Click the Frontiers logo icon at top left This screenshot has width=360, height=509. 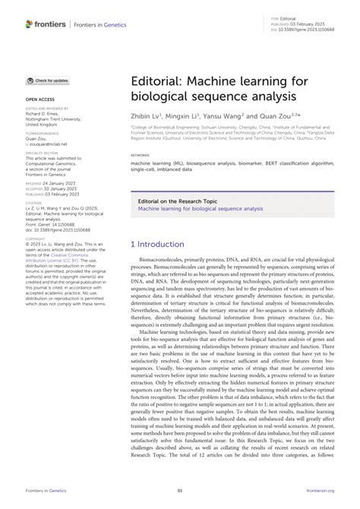[30, 24]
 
